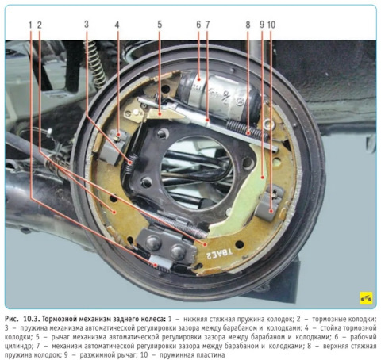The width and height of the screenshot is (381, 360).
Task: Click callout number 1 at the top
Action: [30, 25]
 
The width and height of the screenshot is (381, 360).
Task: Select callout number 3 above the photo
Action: [87, 25]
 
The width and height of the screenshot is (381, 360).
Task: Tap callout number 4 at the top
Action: [117, 25]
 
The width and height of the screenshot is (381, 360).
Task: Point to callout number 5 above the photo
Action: [160, 25]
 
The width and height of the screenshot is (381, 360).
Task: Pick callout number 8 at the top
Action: [248, 25]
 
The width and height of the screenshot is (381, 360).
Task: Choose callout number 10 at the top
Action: [271, 25]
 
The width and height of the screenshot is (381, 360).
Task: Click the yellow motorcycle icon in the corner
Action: [366, 298]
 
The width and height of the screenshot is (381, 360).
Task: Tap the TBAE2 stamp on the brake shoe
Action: [220, 254]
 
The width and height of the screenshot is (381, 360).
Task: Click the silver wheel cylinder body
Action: [220, 94]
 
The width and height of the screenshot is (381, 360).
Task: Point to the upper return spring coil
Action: [248, 130]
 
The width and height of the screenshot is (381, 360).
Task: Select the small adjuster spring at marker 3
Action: [130, 164]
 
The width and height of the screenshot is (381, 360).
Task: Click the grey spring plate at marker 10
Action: [271, 204]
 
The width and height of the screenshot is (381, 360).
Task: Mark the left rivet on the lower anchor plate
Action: [153, 242]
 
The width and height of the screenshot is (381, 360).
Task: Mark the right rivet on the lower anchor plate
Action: [178, 251]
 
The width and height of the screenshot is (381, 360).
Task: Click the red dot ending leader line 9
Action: [263, 178]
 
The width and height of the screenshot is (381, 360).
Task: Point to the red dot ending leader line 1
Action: [156, 265]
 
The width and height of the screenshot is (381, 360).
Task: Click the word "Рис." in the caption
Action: [12, 319]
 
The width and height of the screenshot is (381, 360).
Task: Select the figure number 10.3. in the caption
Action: [32, 319]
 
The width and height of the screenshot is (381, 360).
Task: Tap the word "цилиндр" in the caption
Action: [17, 347]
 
